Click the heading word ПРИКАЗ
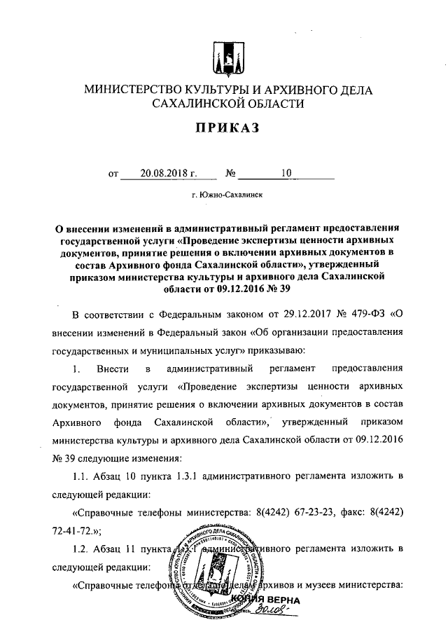click(224, 128)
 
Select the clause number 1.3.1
click(187, 476)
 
